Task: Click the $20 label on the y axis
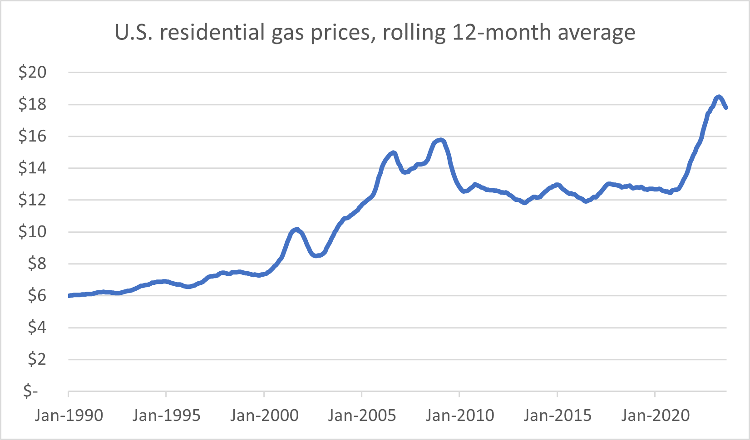[32, 72]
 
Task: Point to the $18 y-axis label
[32, 104]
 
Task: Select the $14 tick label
[32, 168]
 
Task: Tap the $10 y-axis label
[32, 232]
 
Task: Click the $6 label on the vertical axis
[37, 296]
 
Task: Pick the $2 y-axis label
[37, 359]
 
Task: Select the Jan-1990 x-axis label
[69, 415]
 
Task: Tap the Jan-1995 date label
[166, 415]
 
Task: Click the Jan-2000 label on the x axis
[264, 415]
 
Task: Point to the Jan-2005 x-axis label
[362, 415]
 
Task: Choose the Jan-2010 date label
[459, 415]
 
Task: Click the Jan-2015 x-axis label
[558, 415]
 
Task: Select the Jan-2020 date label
[655, 415]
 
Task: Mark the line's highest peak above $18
[718, 97]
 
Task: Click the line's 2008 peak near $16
[440, 140]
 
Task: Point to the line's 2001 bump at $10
[296, 229]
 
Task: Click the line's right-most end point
[726, 108]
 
